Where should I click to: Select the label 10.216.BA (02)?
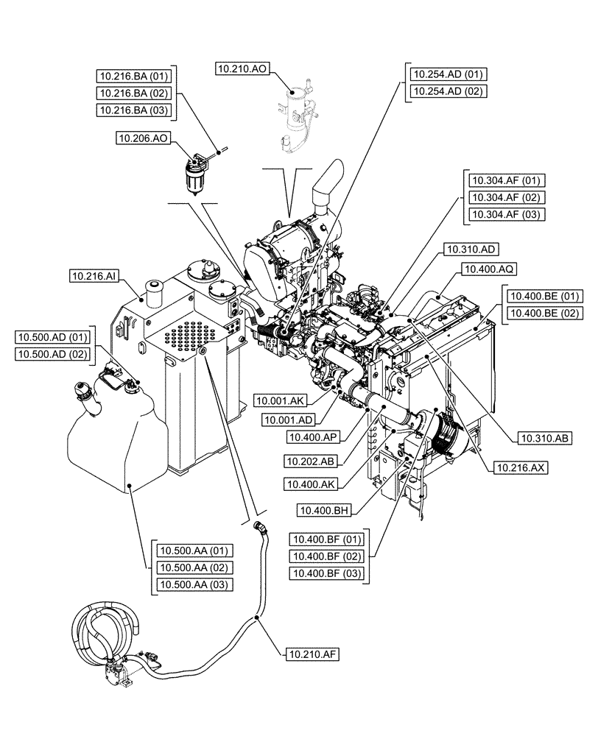[x=133, y=93]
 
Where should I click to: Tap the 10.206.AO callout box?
[x=144, y=138]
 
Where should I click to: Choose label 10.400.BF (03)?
[x=328, y=573]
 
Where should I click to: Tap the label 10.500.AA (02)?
[x=193, y=567]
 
